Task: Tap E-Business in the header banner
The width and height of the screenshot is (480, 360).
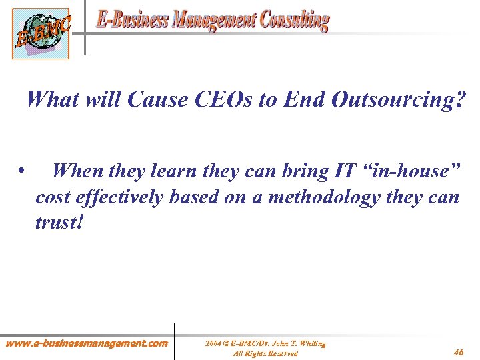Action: coord(132,21)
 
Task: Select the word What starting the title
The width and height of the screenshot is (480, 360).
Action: coord(55,100)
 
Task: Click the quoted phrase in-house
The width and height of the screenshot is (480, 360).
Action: coord(411,171)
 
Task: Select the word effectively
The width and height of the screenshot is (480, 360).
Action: coord(125,198)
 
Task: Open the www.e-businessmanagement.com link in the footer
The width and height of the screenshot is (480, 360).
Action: coord(87,343)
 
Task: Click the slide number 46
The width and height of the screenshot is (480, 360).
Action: coord(458,351)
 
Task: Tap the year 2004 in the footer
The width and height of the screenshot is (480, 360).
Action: coord(214,343)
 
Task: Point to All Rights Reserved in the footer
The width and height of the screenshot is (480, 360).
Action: coord(265,353)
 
